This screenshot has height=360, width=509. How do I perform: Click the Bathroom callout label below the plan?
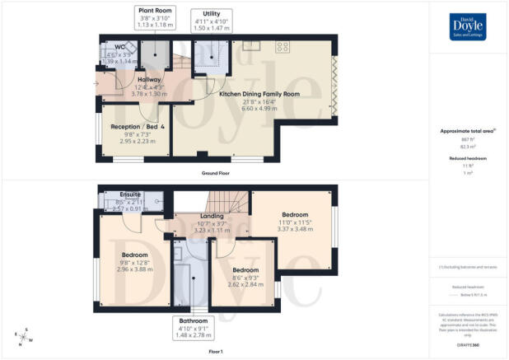coord(194,325)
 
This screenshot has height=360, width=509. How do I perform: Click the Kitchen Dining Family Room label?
coord(259,94)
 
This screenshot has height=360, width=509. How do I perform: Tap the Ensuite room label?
coord(130,194)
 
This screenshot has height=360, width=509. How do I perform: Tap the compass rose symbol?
coord(22,335)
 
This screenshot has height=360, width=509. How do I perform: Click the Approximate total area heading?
coord(466,132)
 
